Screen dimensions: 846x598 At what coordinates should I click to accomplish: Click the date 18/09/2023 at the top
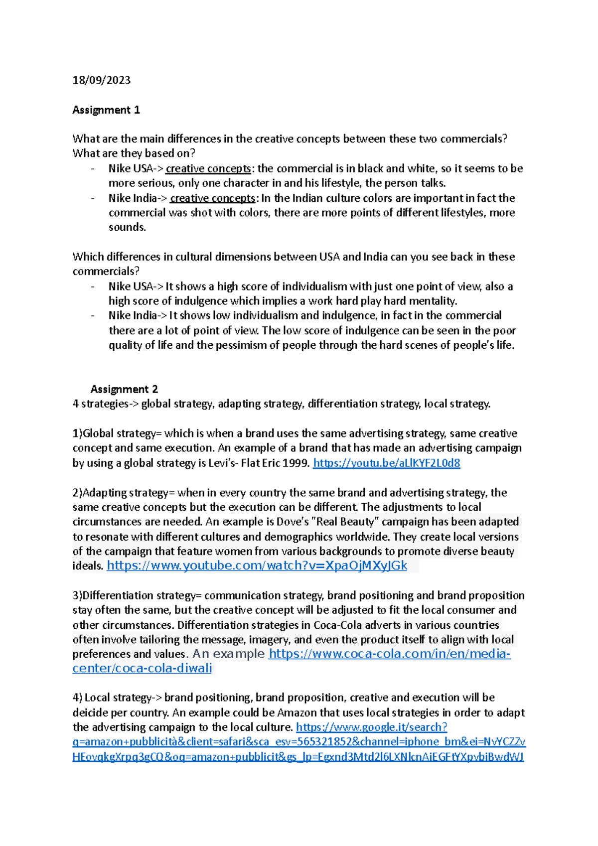tap(101, 80)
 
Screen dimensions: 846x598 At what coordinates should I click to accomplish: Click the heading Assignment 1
tap(106, 110)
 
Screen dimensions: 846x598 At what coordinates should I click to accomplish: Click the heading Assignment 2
tap(124, 389)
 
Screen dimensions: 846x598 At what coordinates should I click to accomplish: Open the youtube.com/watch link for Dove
tap(257, 565)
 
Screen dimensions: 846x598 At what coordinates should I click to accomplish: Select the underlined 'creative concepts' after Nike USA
tap(208, 168)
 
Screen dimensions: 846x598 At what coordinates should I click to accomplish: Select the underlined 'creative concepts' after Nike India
tap(213, 198)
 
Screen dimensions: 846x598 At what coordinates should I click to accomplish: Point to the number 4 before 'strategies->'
tap(75, 404)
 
